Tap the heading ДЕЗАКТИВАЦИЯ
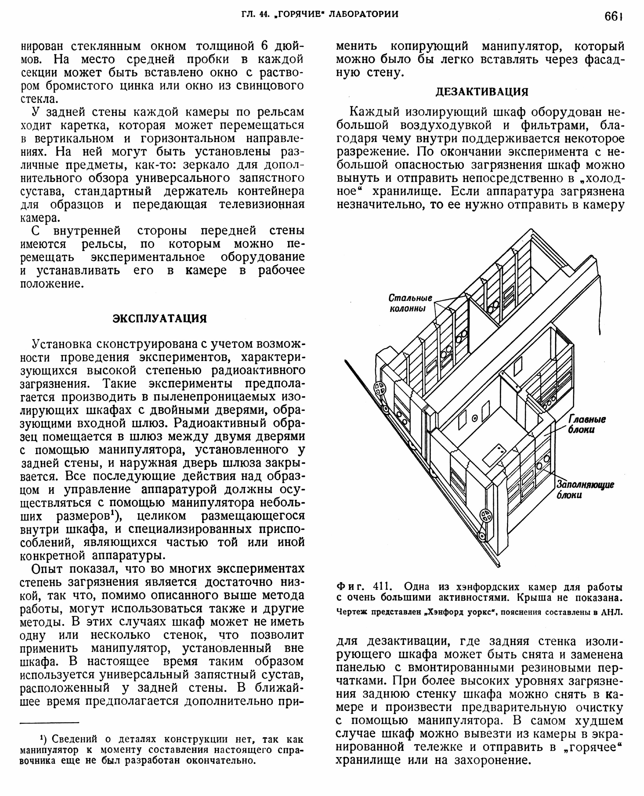tap(481, 91)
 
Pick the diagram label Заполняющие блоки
tap(585, 490)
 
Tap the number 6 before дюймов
tap(264, 46)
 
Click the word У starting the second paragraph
tap(36, 112)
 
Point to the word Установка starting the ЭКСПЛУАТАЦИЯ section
tap(63, 344)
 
